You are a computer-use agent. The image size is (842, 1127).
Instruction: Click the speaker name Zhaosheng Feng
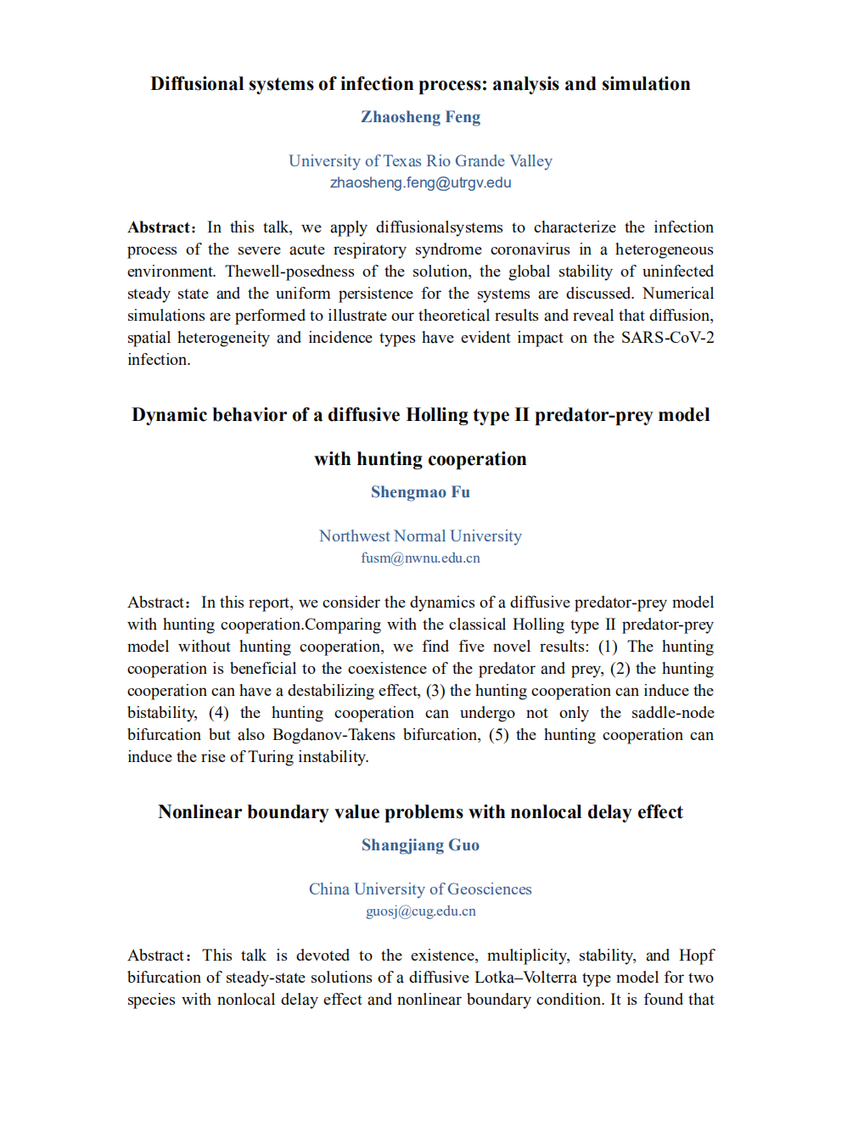click(420, 117)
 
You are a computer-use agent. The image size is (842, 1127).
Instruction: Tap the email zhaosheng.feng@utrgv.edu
click(420, 182)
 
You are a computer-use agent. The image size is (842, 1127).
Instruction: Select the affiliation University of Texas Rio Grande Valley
click(420, 161)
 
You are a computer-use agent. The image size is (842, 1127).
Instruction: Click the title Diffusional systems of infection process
click(420, 84)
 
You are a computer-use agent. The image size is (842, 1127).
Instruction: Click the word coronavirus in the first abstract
click(530, 250)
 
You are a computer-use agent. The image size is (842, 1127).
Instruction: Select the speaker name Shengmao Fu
click(420, 492)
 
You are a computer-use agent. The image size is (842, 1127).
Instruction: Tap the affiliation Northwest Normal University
click(420, 536)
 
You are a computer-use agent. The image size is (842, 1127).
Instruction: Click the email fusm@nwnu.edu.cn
click(420, 558)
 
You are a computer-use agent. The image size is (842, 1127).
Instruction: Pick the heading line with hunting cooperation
click(420, 459)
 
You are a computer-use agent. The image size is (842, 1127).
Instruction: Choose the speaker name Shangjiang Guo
click(420, 845)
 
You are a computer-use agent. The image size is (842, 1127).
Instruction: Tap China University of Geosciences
click(420, 889)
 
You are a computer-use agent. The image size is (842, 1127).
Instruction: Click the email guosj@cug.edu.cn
click(420, 911)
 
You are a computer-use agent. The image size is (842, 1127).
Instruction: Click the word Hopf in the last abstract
click(696, 956)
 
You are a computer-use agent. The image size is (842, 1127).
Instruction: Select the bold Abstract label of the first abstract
click(160, 227)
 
